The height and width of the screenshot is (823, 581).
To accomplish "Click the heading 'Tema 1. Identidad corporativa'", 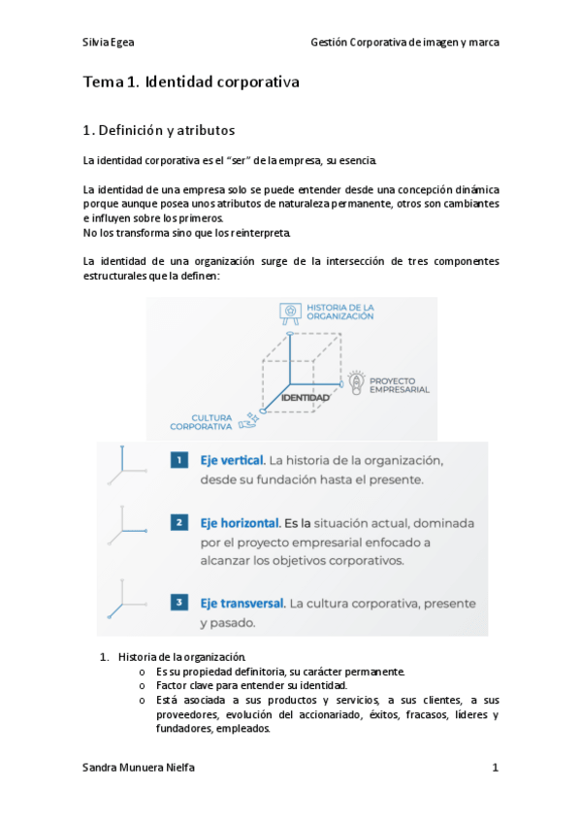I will tap(191, 82).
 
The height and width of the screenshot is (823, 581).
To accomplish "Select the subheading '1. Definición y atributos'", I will tap(159, 130).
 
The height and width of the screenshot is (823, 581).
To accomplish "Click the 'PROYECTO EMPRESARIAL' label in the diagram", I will tap(400, 384).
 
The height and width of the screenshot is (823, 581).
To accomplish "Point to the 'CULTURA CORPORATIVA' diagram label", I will tap(201, 421).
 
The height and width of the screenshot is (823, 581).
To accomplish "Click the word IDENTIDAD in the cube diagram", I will tap(305, 398).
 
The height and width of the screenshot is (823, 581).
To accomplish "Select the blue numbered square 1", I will tap(178, 459).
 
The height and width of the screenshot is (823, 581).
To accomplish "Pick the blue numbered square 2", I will tap(178, 523).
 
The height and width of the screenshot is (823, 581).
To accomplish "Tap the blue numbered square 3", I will tap(178, 603).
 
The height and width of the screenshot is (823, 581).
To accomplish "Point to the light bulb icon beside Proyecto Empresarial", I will tap(357, 382).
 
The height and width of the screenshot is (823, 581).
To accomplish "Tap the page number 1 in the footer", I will tap(495, 768).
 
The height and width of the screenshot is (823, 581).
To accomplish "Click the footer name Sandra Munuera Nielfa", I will tap(139, 768).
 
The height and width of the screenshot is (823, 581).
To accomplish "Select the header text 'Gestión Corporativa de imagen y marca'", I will tap(404, 43).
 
